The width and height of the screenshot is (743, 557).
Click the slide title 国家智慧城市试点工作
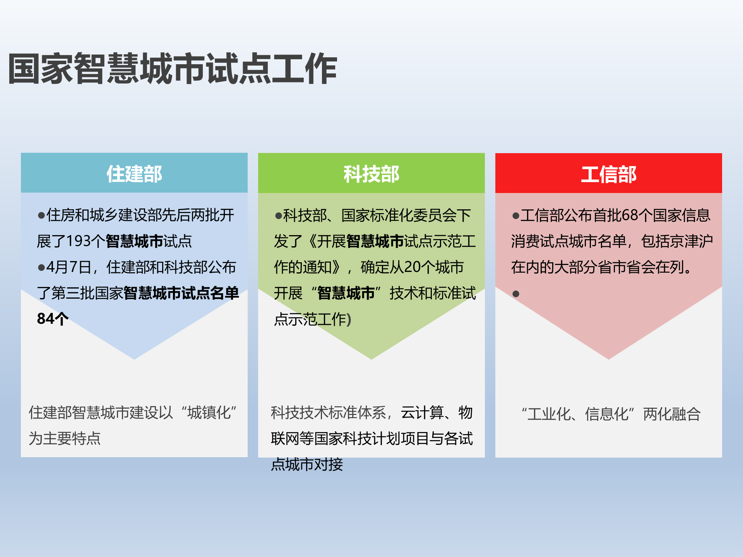[x=173, y=69]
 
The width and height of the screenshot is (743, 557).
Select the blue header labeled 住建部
[x=134, y=174]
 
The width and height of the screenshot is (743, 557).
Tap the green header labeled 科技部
[x=371, y=174]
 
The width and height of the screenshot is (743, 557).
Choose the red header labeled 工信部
[x=608, y=174]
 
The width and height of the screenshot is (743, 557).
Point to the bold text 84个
[x=53, y=319]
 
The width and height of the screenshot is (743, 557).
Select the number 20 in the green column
[x=412, y=267]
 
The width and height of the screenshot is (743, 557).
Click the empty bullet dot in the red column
[x=515, y=294]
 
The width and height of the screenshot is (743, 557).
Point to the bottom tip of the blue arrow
[x=134, y=359]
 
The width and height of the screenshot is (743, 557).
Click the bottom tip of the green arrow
[x=371, y=359]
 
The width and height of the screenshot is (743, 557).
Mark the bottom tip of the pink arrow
[x=608, y=359]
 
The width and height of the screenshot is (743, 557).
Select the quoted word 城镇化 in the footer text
[x=209, y=413]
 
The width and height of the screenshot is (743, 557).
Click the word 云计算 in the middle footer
[x=422, y=413]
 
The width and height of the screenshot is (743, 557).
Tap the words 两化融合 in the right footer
[x=672, y=414]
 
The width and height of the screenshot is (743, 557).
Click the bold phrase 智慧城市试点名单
[x=181, y=293]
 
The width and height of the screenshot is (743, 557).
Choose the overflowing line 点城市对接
[x=307, y=465]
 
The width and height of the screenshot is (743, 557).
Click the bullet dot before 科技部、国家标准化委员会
[x=278, y=216]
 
